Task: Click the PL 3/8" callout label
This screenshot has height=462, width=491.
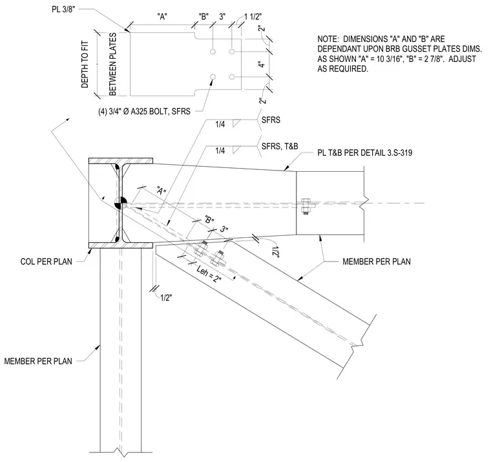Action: pos(63,9)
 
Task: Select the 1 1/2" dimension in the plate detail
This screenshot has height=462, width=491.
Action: pos(253,16)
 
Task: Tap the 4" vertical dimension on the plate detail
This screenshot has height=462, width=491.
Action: pos(262,64)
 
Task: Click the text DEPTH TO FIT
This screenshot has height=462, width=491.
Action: pos(85,64)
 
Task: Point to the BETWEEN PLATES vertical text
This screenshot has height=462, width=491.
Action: pos(112,64)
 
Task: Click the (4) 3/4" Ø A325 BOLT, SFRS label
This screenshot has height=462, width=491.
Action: pos(144,111)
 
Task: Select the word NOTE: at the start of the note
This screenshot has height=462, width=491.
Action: pos(328,39)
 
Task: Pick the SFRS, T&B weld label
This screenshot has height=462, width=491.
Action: pos(280,146)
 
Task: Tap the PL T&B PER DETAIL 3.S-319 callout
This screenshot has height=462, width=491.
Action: pos(365,153)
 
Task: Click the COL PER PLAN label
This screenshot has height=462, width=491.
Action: pos(47,262)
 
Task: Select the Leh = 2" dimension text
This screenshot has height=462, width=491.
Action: pos(209,275)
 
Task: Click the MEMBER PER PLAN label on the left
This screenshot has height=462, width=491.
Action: pos(38,361)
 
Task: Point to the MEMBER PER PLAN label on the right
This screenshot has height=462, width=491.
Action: pos(377,262)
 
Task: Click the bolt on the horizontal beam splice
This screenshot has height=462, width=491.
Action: pos(306,205)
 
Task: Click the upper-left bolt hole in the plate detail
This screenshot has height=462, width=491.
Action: pos(213,51)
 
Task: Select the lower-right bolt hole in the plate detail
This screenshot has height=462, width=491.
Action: pos(232,77)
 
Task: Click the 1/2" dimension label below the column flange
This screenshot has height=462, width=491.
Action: pos(166,298)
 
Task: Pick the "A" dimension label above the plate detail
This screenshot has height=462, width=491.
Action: pos(162,17)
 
